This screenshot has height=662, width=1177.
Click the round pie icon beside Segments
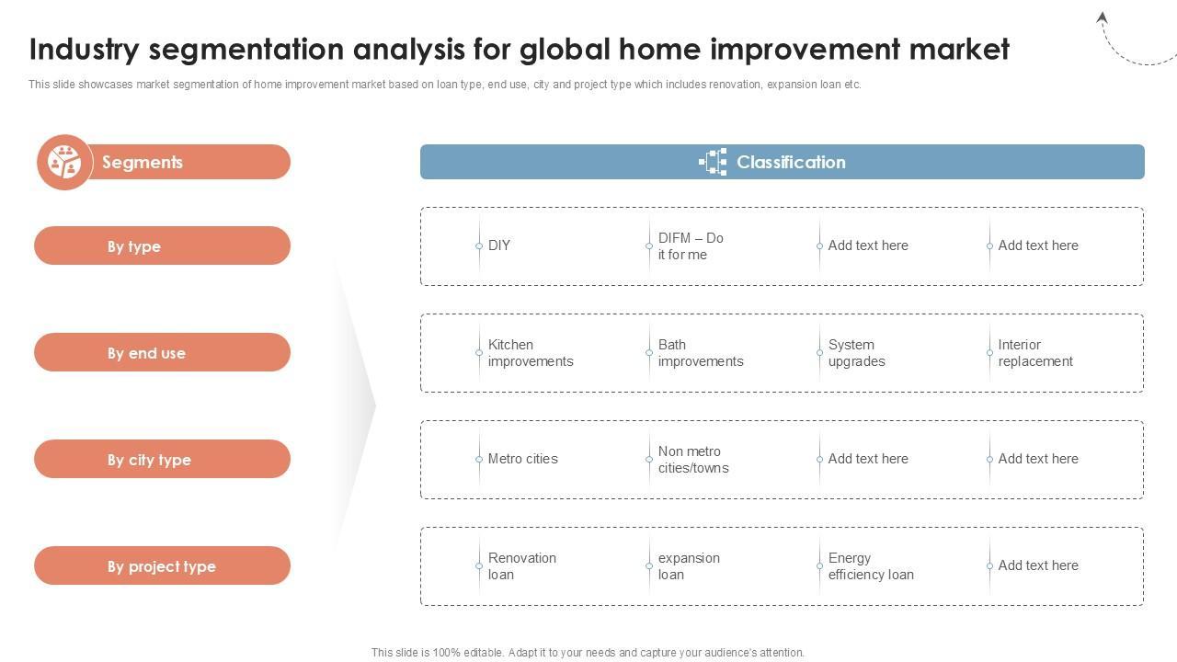click(x=64, y=162)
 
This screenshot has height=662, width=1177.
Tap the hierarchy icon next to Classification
click(x=713, y=162)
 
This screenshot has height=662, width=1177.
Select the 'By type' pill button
click(x=163, y=245)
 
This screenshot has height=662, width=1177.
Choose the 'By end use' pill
click(x=163, y=352)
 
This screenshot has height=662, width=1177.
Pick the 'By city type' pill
click(x=163, y=459)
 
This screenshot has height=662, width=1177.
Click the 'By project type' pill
click(x=163, y=565)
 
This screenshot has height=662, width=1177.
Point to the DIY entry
click(x=498, y=245)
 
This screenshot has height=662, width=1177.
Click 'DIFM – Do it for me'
click(x=691, y=245)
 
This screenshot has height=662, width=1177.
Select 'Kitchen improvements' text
click(x=531, y=353)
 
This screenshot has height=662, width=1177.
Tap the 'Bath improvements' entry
click(x=701, y=353)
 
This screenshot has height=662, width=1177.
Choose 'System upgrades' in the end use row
click(x=856, y=353)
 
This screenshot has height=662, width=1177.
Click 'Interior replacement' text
click(x=1035, y=353)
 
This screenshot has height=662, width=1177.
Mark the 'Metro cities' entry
click(x=523, y=459)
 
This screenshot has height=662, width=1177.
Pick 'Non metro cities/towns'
click(x=693, y=460)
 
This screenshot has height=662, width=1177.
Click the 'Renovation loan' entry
click(x=521, y=566)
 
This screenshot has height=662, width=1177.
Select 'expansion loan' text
click(x=689, y=566)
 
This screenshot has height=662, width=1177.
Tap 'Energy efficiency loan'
click(x=871, y=566)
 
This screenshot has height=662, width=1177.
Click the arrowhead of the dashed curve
click(x=1102, y=17)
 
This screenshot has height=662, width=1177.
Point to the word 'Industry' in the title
click(x=84, y=50)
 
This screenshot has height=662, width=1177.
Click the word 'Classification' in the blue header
click(x=791, y=162)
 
